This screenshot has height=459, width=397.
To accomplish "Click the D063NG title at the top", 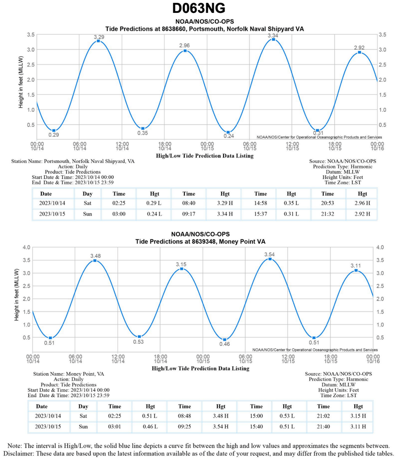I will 199,8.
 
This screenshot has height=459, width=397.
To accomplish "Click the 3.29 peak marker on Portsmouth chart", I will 98,41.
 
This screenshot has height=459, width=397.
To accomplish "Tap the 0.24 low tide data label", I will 229,136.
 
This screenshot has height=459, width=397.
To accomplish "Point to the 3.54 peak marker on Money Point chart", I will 270,259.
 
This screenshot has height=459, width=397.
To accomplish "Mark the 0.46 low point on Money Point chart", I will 225,340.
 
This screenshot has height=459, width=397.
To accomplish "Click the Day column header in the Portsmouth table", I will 87,194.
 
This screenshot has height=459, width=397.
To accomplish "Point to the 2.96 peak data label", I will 185,45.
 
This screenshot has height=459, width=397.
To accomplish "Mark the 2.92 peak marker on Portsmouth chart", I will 359,53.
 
